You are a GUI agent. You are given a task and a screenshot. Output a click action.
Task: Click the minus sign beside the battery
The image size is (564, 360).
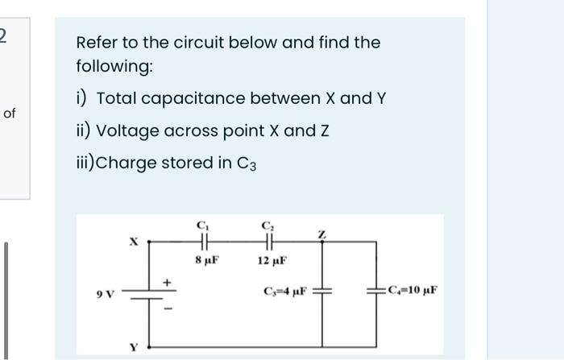click(x=168, y=307)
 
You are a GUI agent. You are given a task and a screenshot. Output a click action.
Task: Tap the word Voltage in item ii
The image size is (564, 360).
click(x=125, y=130)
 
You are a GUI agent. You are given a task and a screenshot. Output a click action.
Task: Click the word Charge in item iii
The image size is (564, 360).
click(x=127, y=163)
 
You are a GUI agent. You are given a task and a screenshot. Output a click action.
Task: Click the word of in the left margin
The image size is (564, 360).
click(x=10, y=114)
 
